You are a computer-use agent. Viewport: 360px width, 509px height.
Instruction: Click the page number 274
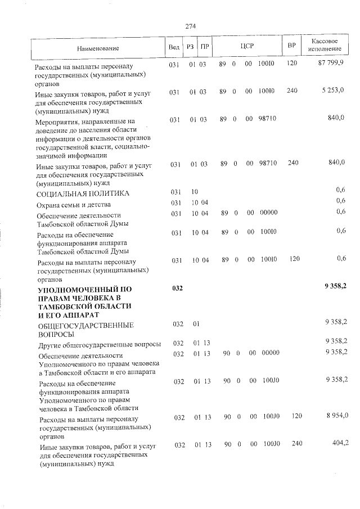click(190, 25)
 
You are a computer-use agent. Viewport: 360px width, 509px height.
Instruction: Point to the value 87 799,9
click(331, 64)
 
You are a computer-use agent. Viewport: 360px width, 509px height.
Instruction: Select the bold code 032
click(177, 289)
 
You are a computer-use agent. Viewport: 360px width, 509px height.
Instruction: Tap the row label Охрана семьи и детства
click(74, 205)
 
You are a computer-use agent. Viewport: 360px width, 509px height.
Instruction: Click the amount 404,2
click(340, 444)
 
